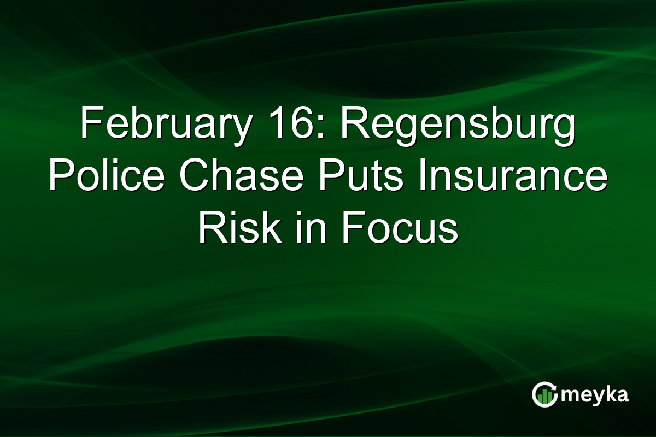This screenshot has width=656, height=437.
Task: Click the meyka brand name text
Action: (596, 395)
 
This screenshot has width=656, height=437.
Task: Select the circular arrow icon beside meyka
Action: (543, 394)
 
